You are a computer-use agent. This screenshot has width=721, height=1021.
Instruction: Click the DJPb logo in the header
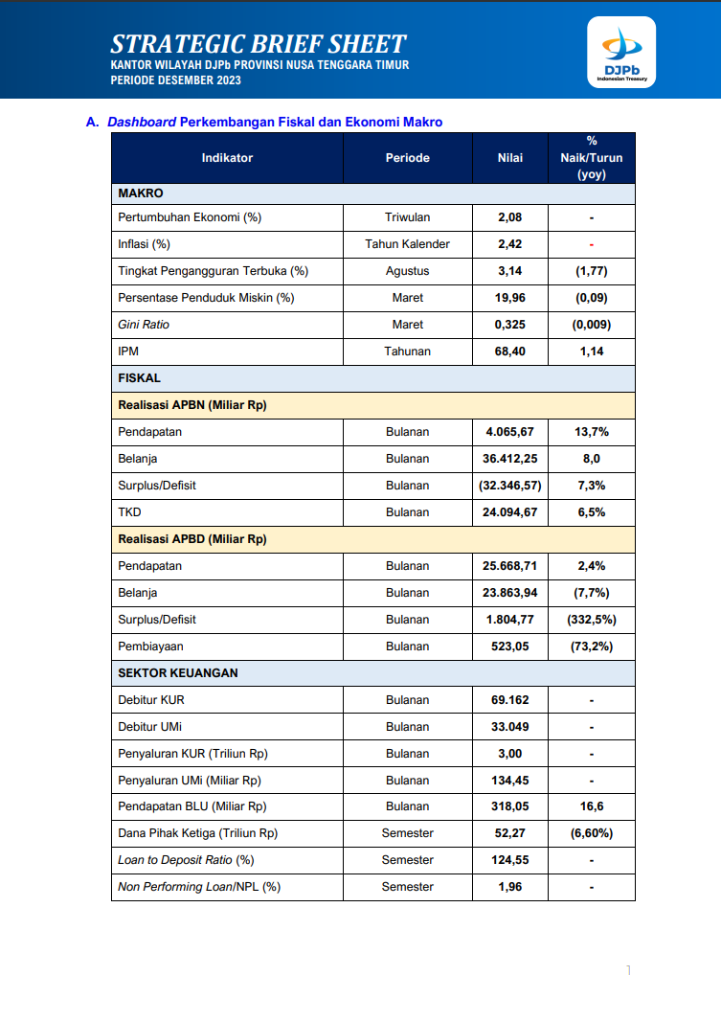621,53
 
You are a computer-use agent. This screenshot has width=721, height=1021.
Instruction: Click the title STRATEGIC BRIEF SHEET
259,44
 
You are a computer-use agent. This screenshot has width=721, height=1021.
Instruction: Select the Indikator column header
227,158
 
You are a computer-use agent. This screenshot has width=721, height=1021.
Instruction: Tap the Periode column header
407,158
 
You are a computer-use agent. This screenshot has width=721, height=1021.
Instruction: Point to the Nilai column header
509,158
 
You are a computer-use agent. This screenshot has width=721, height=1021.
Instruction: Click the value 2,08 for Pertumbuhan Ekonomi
509,217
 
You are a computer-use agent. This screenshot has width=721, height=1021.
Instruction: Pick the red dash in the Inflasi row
592,244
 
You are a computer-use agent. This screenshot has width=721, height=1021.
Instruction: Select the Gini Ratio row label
144,325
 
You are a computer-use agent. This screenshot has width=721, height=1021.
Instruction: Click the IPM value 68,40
509,352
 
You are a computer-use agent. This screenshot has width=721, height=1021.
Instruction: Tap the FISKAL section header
140,378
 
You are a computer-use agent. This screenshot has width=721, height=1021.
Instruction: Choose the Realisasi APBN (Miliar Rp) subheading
192,405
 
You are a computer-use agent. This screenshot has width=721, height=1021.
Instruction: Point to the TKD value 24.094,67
509,512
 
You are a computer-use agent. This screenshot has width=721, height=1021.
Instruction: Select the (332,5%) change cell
592,620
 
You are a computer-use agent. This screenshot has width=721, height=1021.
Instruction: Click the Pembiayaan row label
150,647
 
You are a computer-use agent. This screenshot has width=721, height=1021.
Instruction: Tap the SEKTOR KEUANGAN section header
178,673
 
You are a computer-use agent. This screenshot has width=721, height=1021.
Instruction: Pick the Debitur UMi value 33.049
509,727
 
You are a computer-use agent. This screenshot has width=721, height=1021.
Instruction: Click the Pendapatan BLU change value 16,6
592,806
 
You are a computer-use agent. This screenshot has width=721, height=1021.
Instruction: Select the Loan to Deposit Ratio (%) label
186,860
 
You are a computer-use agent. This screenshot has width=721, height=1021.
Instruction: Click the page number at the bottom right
629,971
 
